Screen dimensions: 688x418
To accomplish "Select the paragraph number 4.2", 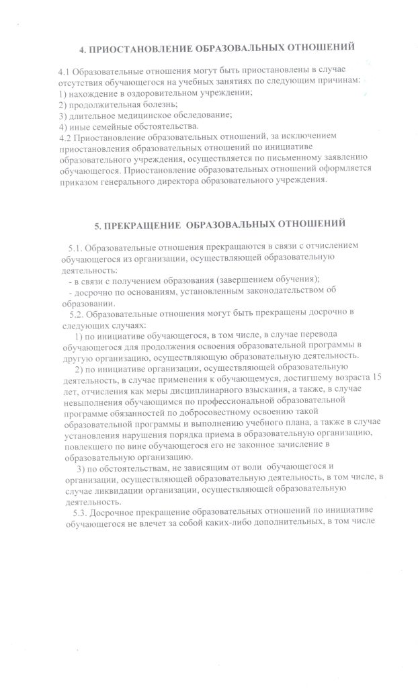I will coord(65,136).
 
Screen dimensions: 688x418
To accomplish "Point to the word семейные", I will coord(110,126).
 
